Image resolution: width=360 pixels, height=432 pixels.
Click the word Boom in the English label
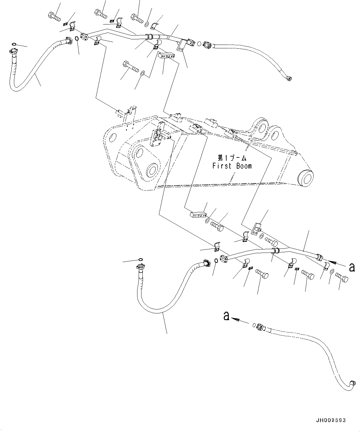pos(244,166)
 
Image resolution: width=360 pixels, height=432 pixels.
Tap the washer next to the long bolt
pos(142,73)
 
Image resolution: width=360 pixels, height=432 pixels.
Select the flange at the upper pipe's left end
pos(84,37)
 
